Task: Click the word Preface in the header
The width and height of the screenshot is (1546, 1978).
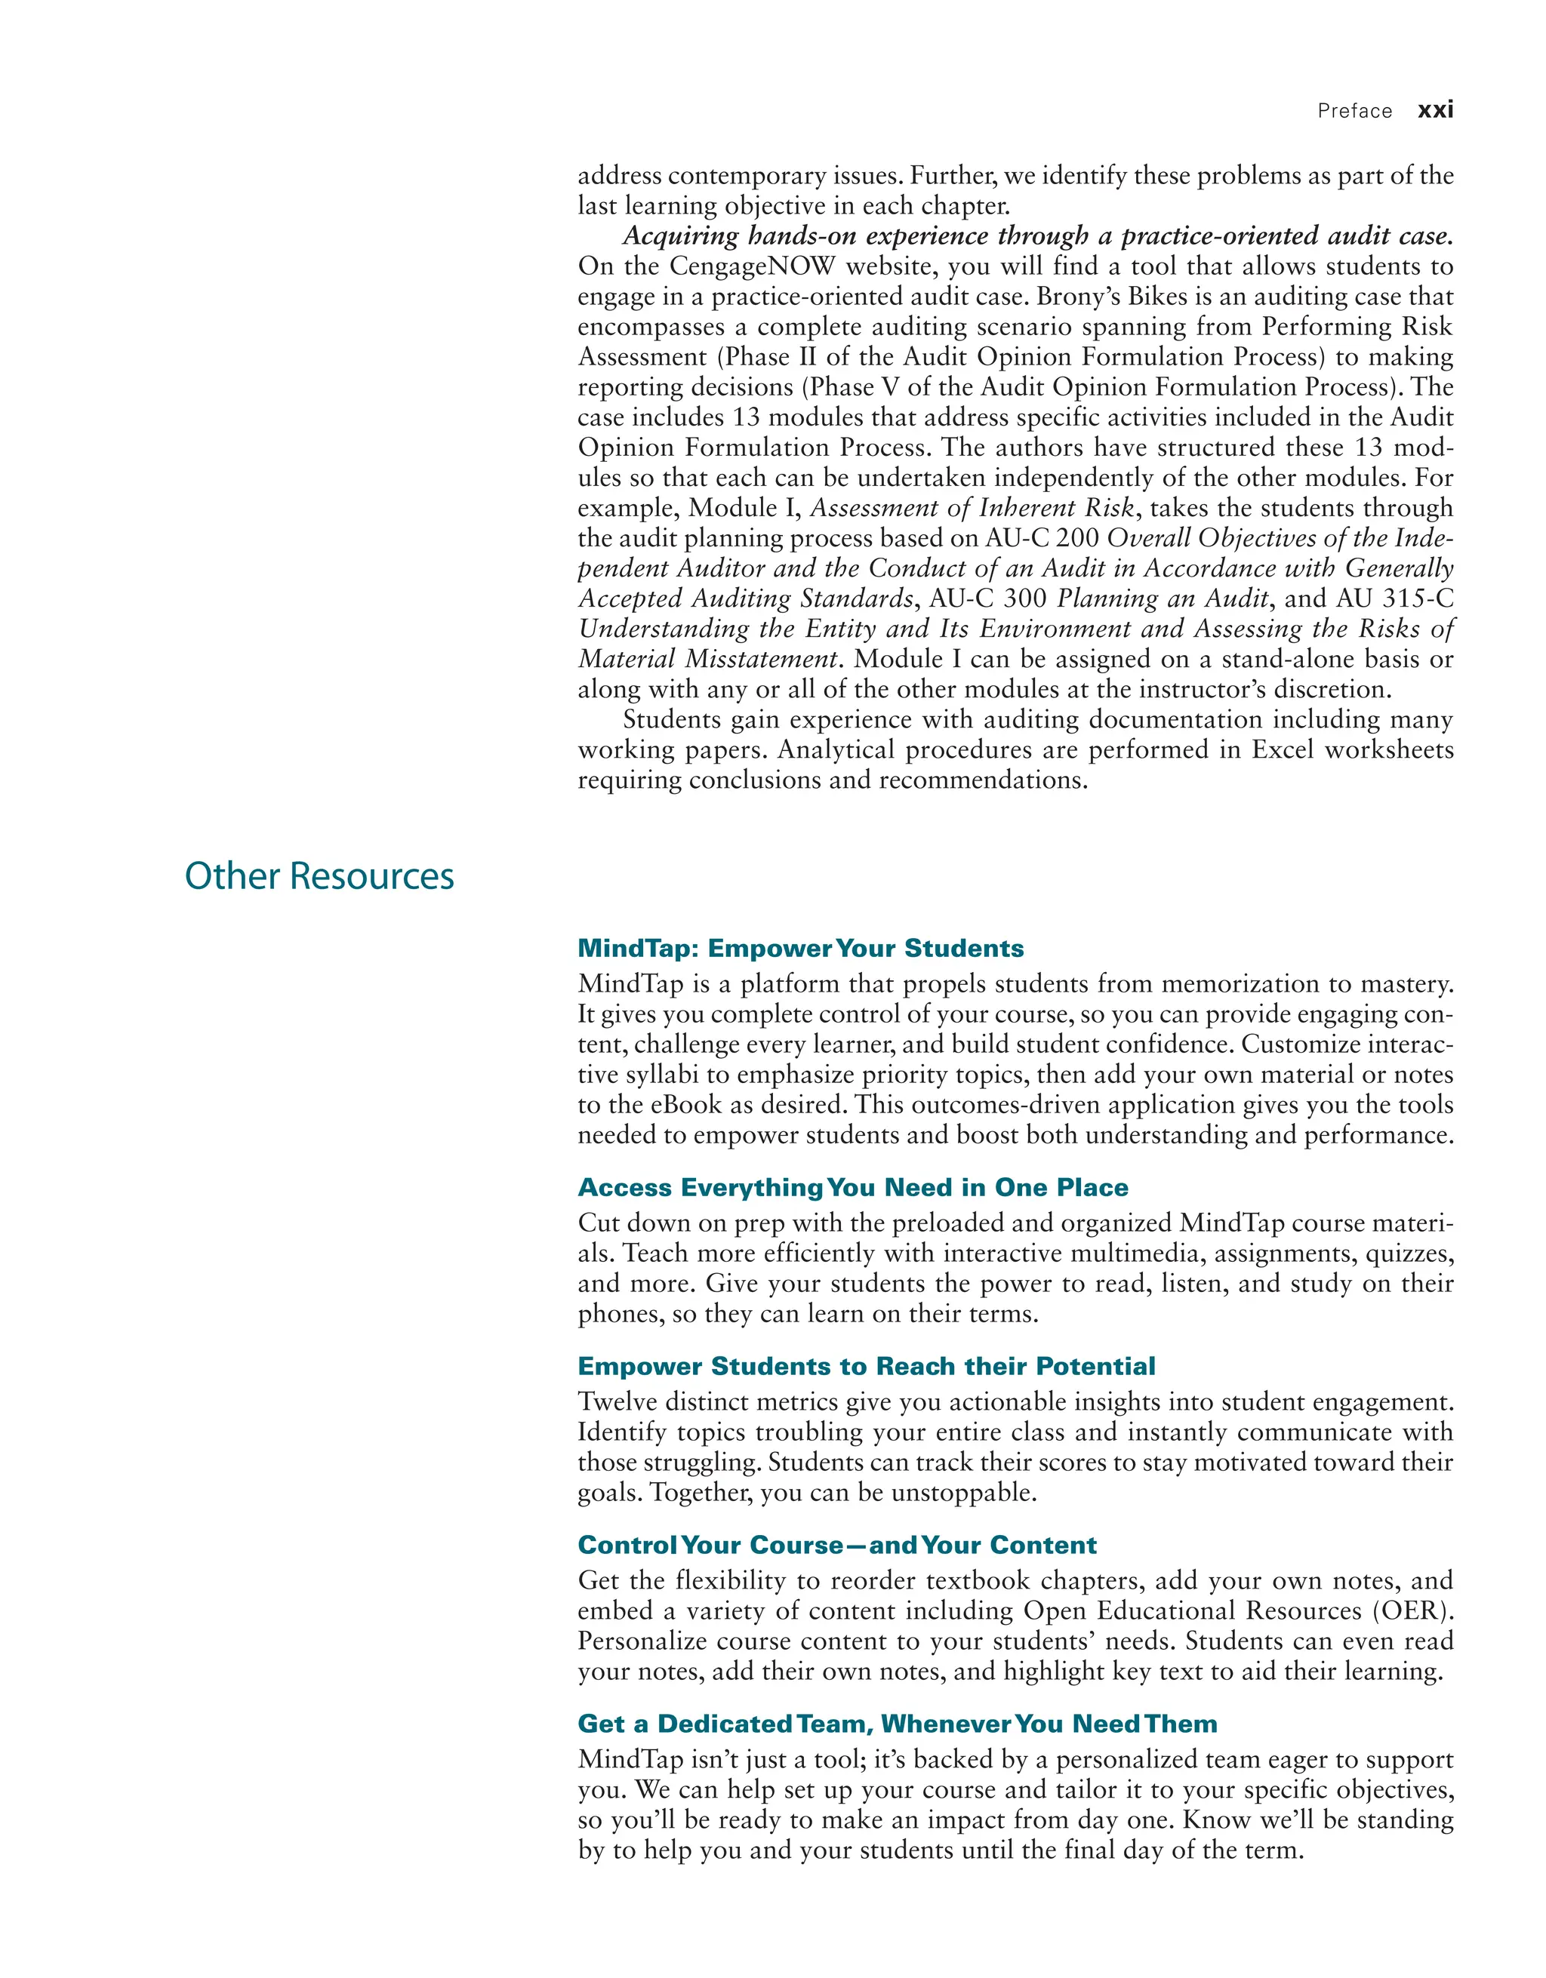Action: (1354, 112)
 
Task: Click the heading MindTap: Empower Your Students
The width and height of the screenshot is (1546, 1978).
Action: (801, 948)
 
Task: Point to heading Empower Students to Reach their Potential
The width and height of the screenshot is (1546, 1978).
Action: (866, 1366)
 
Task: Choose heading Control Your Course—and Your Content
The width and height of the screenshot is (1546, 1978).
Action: (837, 1544)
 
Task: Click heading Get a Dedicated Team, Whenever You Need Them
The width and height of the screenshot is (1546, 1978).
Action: (897, 1723)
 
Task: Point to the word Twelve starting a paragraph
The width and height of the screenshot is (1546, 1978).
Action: (617, 1402)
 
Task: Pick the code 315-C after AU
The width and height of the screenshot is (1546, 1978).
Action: (1418, 598)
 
